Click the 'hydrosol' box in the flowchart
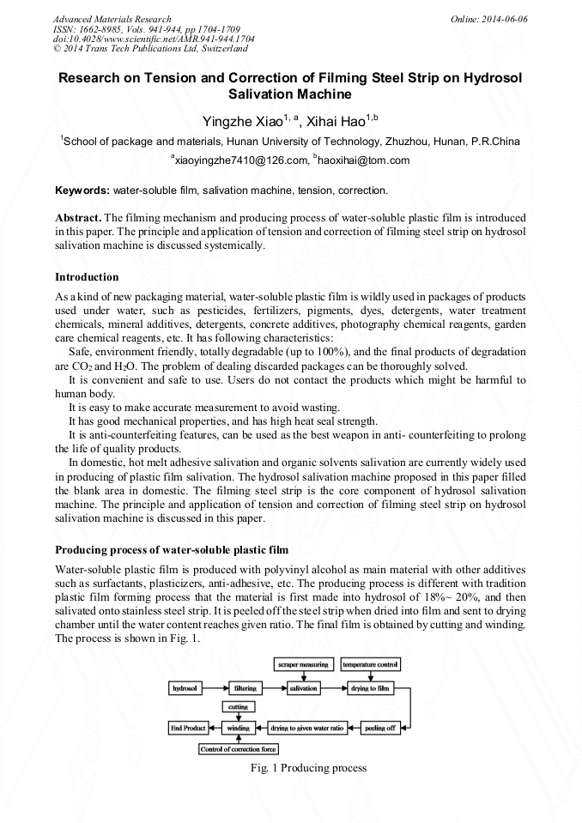pos(186,688)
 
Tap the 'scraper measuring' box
pos(303,664)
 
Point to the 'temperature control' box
pos(371,664)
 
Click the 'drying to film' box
pos(371,688)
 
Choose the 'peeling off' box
pos(379,728)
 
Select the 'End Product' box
pos(187,728)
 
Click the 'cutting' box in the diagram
pos(238,706)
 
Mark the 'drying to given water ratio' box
pos(306,728)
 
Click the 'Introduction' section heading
pos(87,277)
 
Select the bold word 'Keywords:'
pos(82,189)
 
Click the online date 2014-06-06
pos(506,19)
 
